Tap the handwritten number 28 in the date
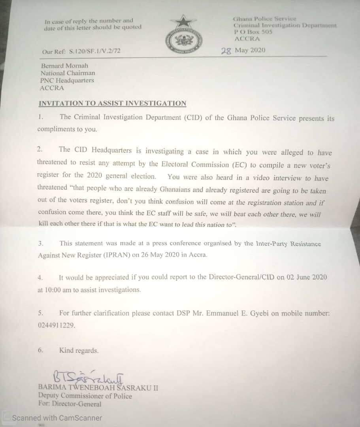[226, 51]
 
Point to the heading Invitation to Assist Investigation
[112, 104]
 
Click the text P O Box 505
[253, 32]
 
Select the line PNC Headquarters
[67, 80]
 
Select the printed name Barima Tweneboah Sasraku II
[98, 387]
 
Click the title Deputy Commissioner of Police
[85, 396]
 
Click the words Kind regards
[79, 350]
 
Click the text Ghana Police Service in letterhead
[264, 19]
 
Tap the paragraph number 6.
[40, 350]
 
